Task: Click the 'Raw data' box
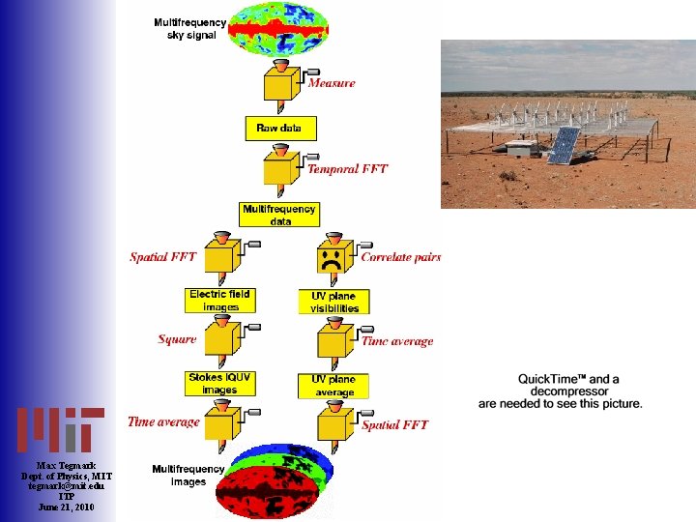click(280, 128)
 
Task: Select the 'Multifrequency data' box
click(279, 215)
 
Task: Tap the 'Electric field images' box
click(219, 300)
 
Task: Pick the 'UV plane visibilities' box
click(333, 302)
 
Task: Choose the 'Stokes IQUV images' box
click(219, 384)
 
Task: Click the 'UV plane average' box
click(333, 386)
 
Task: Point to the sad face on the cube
click(331, 259)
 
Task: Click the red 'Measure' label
click(332, 83)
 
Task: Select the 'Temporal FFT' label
click(347, 169)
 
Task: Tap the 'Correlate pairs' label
click(400, 257)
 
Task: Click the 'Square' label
click(177, 339)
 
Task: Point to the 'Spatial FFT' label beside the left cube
click(162, 257)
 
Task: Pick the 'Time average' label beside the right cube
click(397, 341)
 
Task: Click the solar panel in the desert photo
click(565, 145)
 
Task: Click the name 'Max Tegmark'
click(67, 466)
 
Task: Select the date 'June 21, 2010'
click(67, 507)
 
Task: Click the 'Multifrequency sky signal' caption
click(189, 28)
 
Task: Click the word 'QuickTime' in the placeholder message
click(552, 379)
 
